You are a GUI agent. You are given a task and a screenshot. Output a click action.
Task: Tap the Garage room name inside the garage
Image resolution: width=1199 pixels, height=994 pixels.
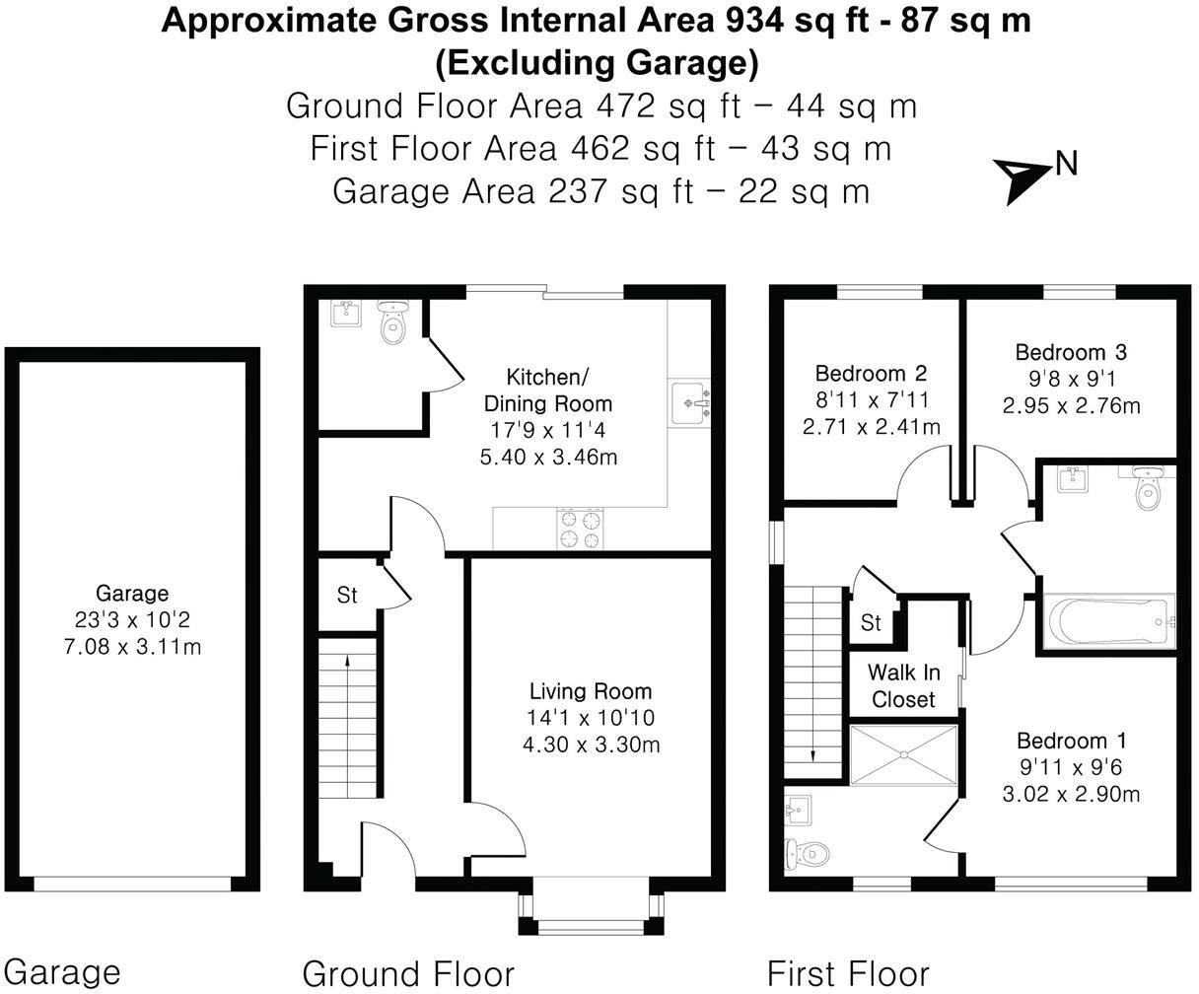132,594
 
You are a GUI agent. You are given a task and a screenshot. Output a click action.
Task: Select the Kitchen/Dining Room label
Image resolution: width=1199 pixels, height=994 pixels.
548,390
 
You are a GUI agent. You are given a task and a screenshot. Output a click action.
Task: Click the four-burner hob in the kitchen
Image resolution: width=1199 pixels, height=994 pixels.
580,529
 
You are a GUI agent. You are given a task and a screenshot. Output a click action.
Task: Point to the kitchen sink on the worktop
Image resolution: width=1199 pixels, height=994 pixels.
689,401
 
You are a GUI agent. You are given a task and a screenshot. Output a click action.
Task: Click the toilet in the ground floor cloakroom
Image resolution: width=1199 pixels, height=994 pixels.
392,322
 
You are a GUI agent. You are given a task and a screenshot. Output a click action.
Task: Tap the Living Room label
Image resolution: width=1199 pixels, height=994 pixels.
591,691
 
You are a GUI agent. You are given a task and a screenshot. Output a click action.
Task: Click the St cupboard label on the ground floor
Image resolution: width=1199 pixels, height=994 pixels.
347,596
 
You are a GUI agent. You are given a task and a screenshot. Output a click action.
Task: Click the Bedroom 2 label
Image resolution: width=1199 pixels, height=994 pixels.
871,374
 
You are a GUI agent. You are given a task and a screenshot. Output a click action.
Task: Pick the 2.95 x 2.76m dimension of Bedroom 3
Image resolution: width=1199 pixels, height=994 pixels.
1072,406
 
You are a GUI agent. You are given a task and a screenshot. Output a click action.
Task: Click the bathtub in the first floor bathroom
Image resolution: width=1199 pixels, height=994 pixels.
1109,622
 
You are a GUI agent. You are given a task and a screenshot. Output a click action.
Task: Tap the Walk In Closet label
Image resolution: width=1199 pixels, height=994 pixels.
904,685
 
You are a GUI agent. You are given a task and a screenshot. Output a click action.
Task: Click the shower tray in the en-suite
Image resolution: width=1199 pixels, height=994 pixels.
903,754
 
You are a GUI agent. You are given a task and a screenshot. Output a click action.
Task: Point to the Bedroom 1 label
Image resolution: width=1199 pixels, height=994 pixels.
1072,741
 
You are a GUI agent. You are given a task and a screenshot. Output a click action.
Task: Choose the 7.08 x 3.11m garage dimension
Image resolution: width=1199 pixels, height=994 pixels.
133,647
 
